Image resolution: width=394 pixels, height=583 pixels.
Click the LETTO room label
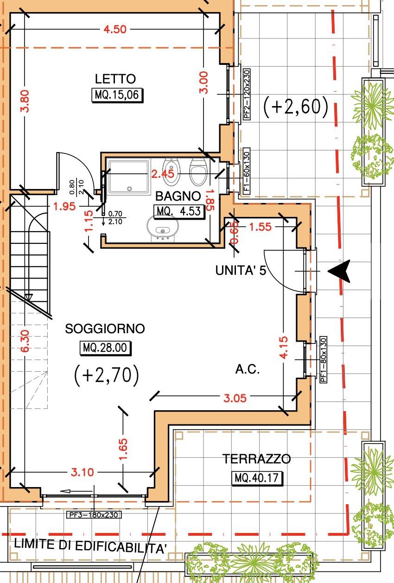pos(115,79)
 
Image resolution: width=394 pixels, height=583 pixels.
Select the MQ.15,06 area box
pos(117,95)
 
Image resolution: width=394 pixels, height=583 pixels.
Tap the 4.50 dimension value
pos(115,29)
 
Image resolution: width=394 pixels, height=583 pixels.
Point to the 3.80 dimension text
pos(25,101)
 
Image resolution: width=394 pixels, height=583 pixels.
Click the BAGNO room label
pos(178,196)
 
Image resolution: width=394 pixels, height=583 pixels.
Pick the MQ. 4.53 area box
pos(178,211)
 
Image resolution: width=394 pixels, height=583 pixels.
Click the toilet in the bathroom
pos(198,171)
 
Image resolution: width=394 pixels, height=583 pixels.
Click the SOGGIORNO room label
pos(105,329)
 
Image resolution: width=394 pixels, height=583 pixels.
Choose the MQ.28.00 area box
pos(105,348)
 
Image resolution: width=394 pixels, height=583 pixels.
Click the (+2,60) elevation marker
pos(296,107)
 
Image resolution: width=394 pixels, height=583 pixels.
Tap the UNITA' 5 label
pos(241,270)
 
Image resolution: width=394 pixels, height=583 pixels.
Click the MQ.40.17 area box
pos(257,478)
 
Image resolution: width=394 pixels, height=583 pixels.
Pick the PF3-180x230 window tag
pos(94,515)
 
